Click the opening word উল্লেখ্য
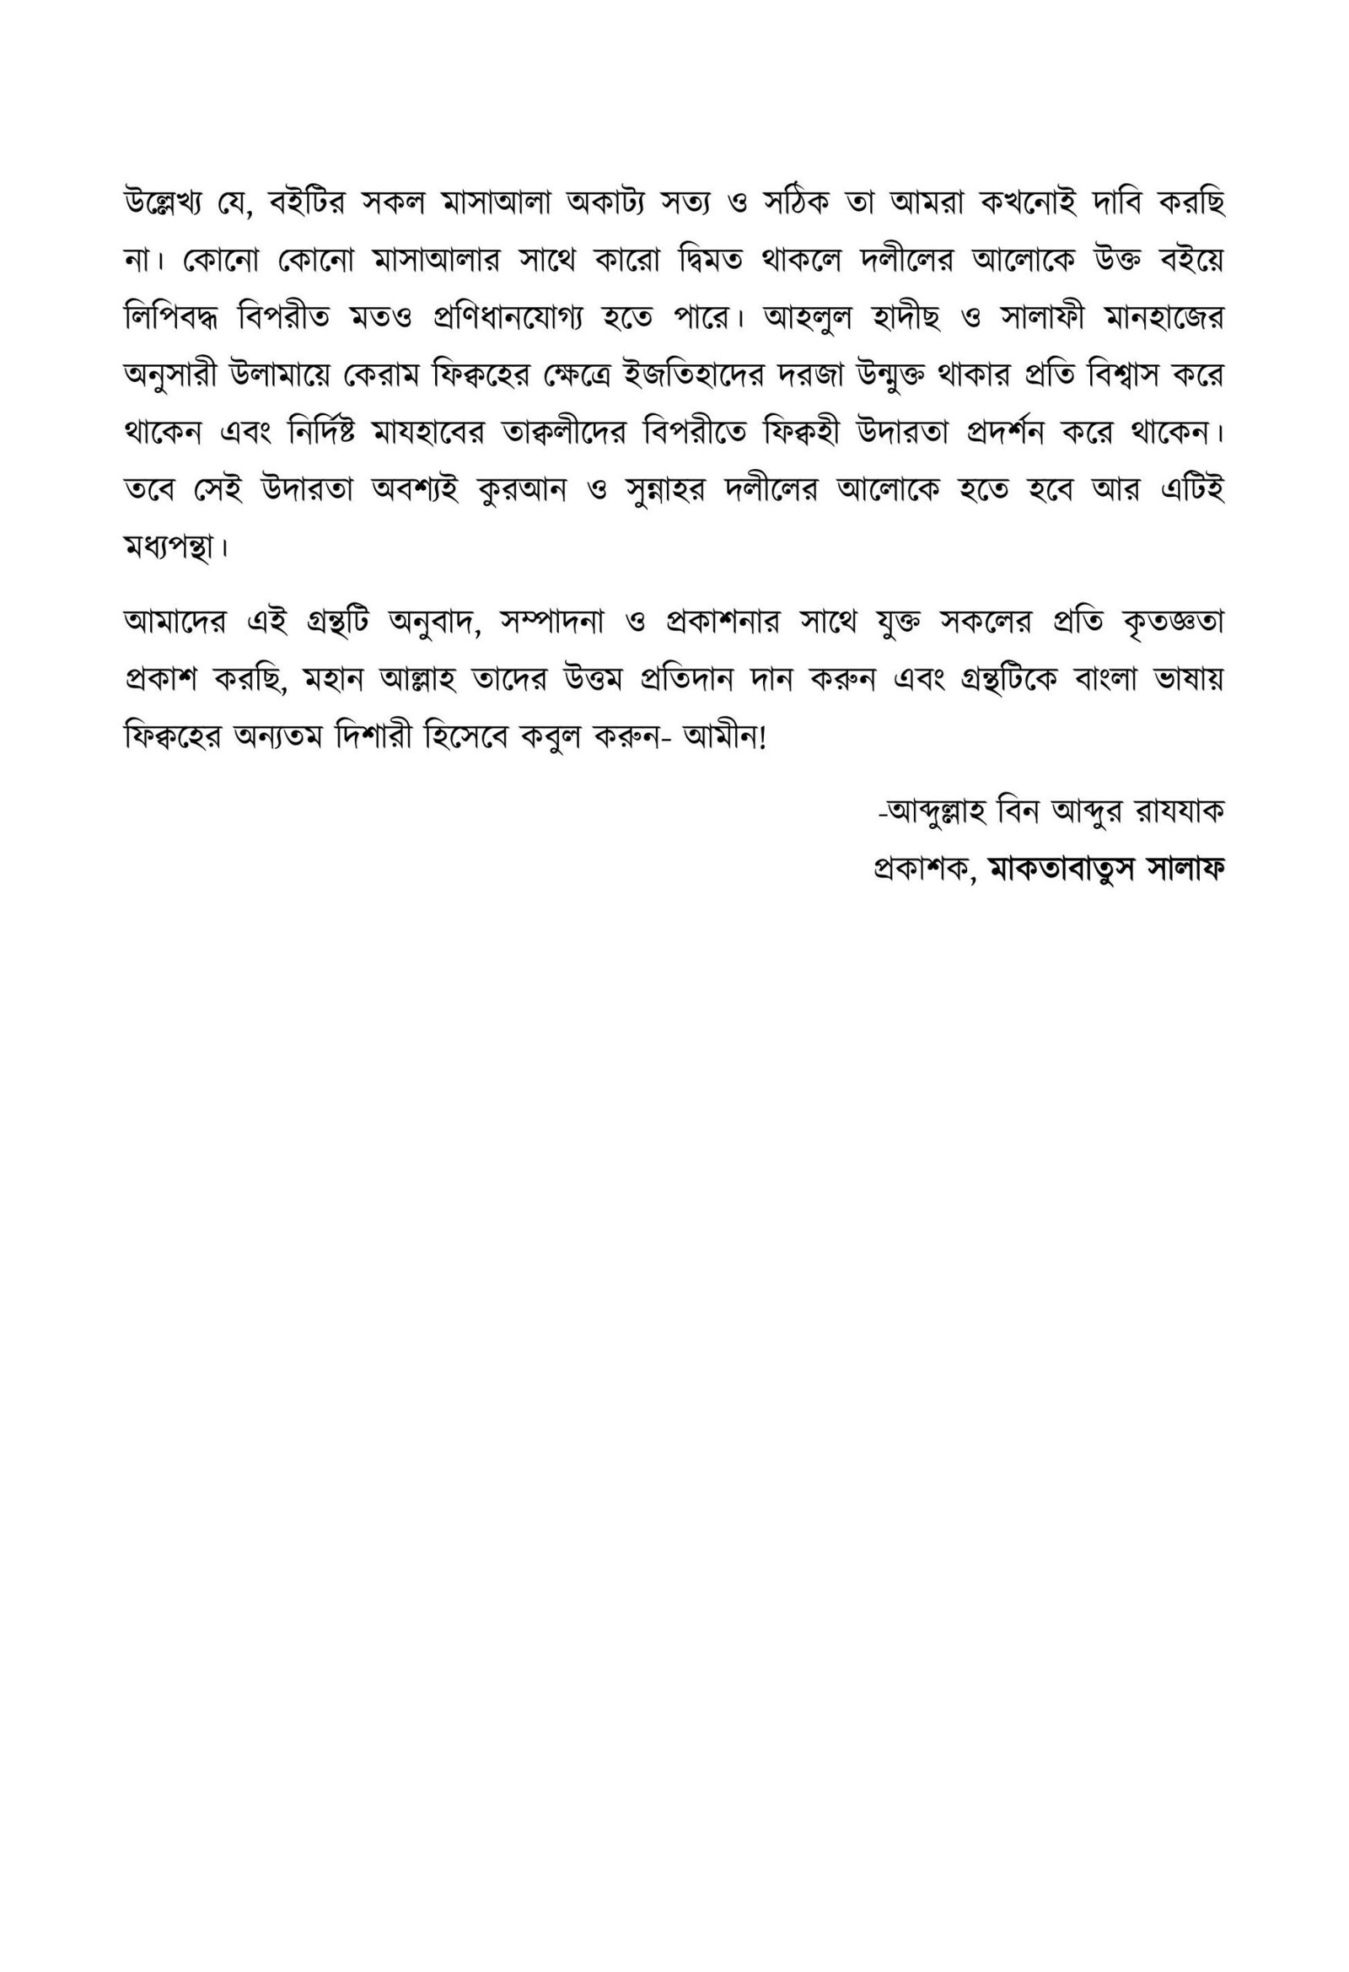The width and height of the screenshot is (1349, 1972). click(173, 203)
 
